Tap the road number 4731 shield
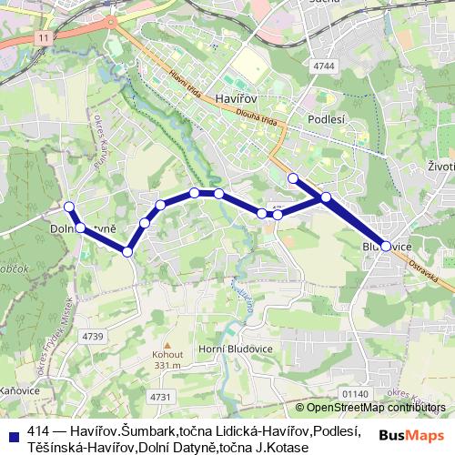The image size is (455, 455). click(160, 396)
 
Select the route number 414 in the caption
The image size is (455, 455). click(37, 432)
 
